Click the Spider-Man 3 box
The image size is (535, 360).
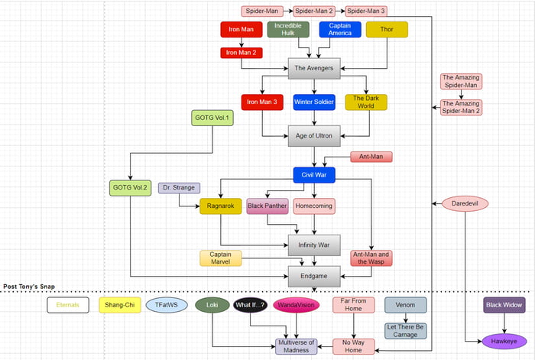pyautogui.click(x=366, y=11)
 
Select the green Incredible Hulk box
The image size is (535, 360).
pyautogui.click(x=288, y=30)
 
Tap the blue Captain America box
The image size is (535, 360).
pyautogui.click(x=339, y=30)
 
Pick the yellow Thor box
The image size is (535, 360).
pyautogui.click(x=387, y=30)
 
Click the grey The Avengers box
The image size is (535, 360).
pyautogui.click(x=313, y=68)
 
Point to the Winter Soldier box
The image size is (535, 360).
pyautogui.click(x=313, y=102)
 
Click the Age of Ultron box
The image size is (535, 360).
pyautogui.click(x=313, y=137)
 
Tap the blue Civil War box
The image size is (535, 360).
pyautogui.click(x=313, y=175)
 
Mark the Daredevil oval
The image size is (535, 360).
pyautogui.click(x=465, y=203)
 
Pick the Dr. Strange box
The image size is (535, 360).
pyautogui.click(x=179, y=188)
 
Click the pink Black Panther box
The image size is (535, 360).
pyautogui.click(x=267, y=206)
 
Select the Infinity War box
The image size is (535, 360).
pyautogui.click(x=313, y=245)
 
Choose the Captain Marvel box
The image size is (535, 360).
pyautogui.click(x=220, y=258)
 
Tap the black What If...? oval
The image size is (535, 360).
pyautogui.click(x=251, y=305)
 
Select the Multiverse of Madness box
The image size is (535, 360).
pyautogui.click(x=296, y=345)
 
